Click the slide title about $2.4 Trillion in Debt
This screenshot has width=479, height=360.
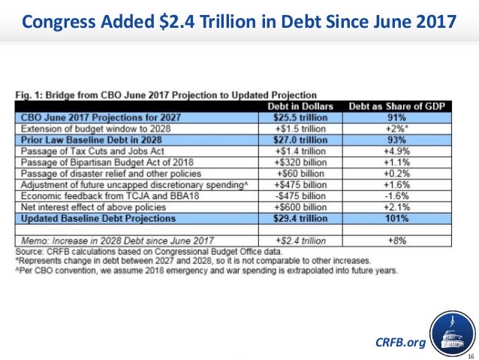[x=239, y=23]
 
